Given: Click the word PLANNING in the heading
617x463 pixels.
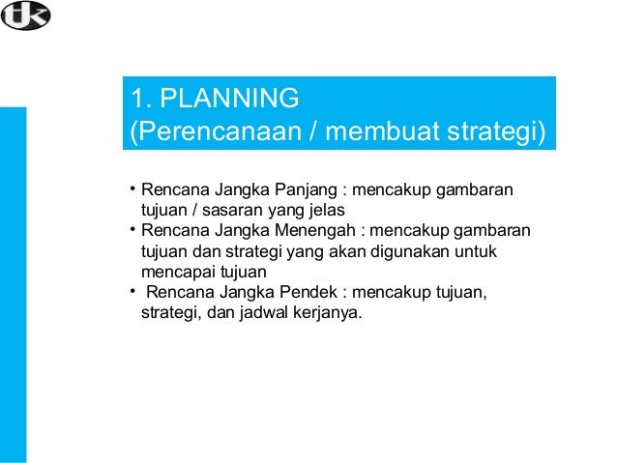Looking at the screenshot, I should [228, 99].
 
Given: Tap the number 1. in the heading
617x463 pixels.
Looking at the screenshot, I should [141, 99].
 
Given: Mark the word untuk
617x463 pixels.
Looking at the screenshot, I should [493, 251].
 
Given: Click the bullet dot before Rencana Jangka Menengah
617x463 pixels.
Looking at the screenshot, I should [132, 229].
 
